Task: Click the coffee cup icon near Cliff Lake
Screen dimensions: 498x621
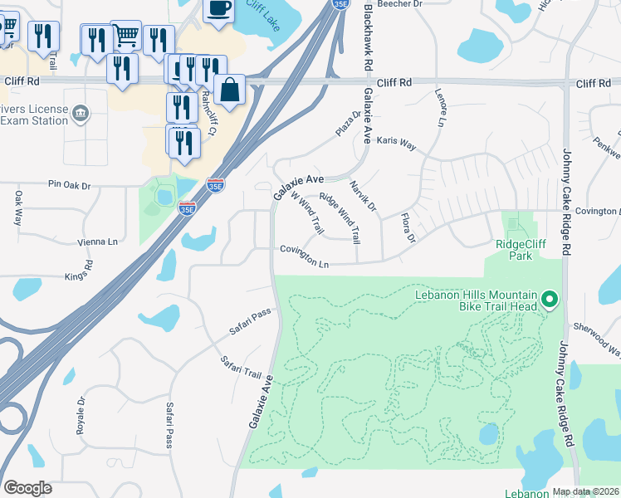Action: point(218,10)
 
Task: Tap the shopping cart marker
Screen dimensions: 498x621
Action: point(125,35)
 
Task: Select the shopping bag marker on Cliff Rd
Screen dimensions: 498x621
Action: point(228,89)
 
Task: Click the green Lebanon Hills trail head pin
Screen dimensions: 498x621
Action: point(548,300)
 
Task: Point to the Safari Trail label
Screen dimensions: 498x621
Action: point(241,366)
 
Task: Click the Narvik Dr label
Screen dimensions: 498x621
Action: point(362,197)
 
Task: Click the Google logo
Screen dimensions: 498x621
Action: point(27,488)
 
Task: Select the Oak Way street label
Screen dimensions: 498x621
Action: point(17,208)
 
